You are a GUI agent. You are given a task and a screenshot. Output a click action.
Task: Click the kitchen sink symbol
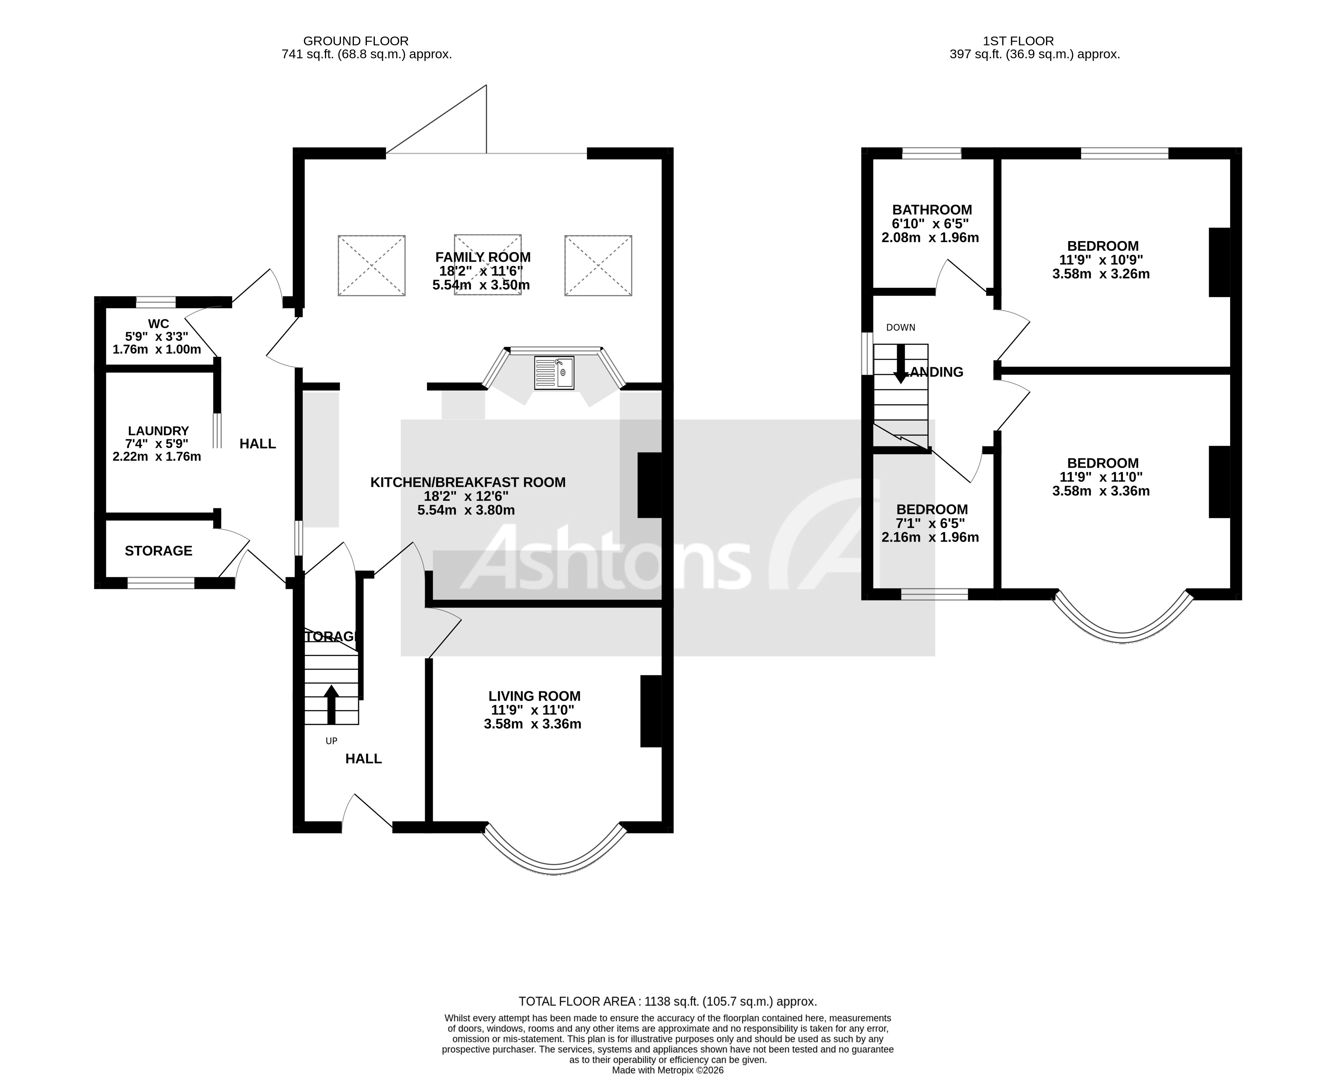point(554,373)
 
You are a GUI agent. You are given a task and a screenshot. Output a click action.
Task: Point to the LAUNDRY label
point(158,431)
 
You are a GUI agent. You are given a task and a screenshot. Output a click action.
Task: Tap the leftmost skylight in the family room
point(371,265)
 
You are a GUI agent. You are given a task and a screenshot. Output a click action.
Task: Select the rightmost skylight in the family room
point(598,265)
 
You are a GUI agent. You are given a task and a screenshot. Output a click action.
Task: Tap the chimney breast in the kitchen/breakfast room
point(650,485)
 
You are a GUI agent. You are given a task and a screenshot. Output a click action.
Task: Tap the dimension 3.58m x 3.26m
point(1101,274)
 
